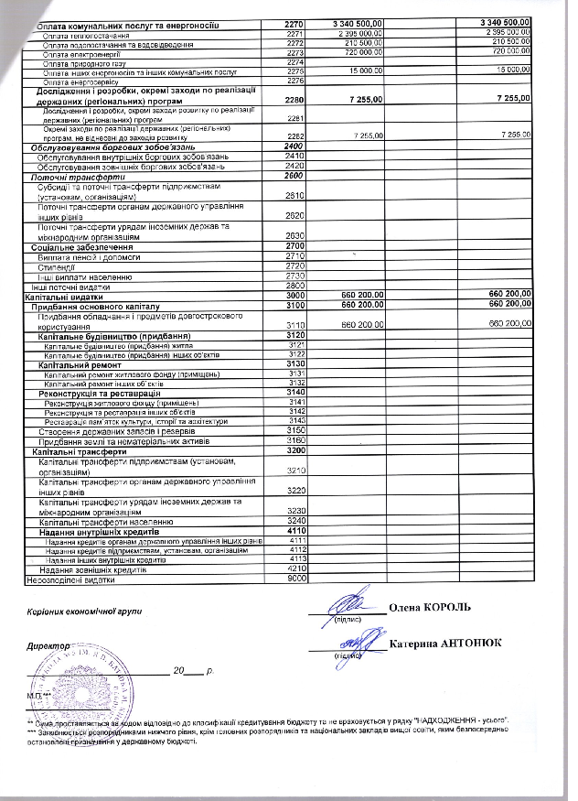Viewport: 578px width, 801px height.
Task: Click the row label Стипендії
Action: tap(56, 266)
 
